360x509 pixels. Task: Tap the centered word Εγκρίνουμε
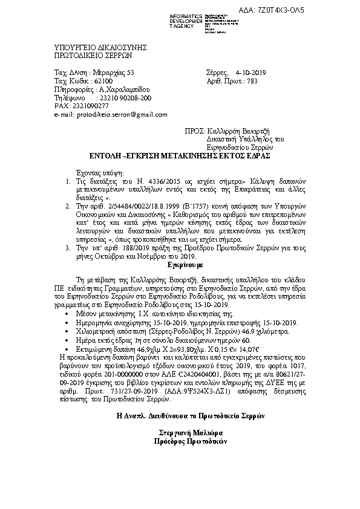pyautogui.click(x=180, y=265)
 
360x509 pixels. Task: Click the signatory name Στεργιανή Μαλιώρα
pyautogui.click(x=181, y=433)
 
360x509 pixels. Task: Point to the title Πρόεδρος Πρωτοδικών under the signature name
pyautogui.click(x=181, y=441)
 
